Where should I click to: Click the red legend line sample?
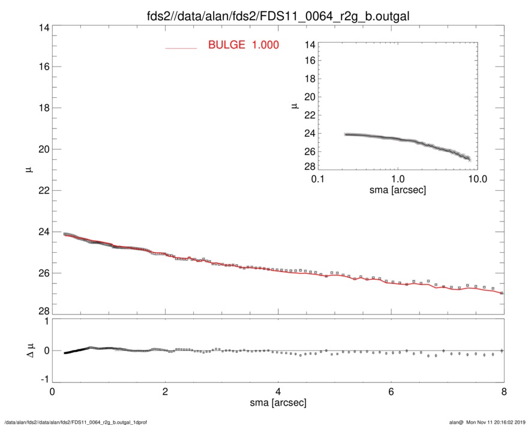181,47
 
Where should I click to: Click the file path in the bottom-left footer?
76,422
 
